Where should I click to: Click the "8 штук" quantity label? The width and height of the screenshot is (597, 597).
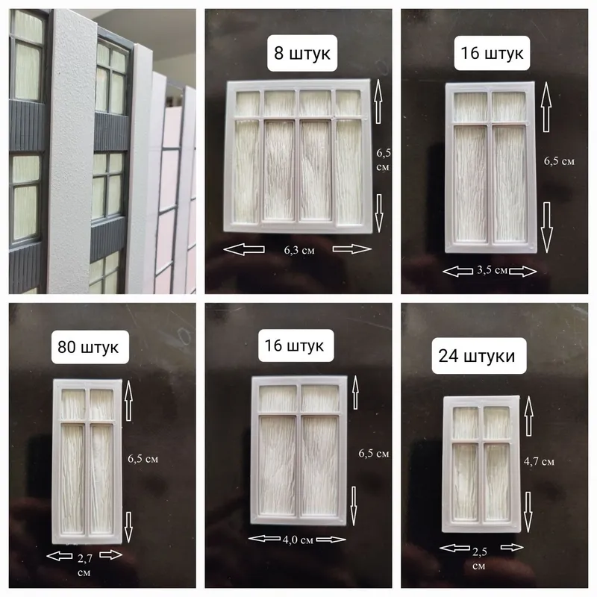click(x=302, y=53)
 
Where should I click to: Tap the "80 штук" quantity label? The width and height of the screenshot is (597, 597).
click(x=88, y=347)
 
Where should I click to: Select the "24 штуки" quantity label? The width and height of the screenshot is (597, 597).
click(x=476, y=356)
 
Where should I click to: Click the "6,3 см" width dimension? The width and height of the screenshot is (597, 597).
click(x=299, y=251)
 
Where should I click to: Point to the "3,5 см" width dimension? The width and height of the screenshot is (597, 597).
click(x=492, y=270)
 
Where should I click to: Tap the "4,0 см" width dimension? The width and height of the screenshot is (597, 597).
click(x=298, y=540)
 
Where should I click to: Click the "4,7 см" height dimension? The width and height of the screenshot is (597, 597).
click(x=539, y=461)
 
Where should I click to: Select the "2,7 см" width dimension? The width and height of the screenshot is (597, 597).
click(x=84, y=565)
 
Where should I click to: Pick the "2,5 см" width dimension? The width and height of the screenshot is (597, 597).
click(x=479, y=558)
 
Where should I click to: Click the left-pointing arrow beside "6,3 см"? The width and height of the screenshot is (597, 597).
click(x=244, y=249)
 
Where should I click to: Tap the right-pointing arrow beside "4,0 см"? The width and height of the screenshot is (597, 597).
click(x=331, y=539)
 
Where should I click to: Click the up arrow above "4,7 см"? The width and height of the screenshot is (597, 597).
click(x=529, y=416)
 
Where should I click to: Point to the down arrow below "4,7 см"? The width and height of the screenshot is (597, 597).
click(x=528, y=512)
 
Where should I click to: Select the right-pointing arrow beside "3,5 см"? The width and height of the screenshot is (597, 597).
click(x=523, y=271)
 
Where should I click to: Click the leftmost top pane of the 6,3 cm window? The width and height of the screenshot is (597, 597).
click(x=248, y=103)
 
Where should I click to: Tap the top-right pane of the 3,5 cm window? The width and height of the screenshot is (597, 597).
click(x=509, y=107)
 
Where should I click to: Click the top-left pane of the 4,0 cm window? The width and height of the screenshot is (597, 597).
click(x=278, y=398)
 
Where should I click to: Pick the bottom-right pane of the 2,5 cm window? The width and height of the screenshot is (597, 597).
click(x=497, y=481)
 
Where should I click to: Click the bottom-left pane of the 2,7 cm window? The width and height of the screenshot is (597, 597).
click(x=72, y=478)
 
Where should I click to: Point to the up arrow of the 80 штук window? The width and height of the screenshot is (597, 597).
click(x=128, y=400)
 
